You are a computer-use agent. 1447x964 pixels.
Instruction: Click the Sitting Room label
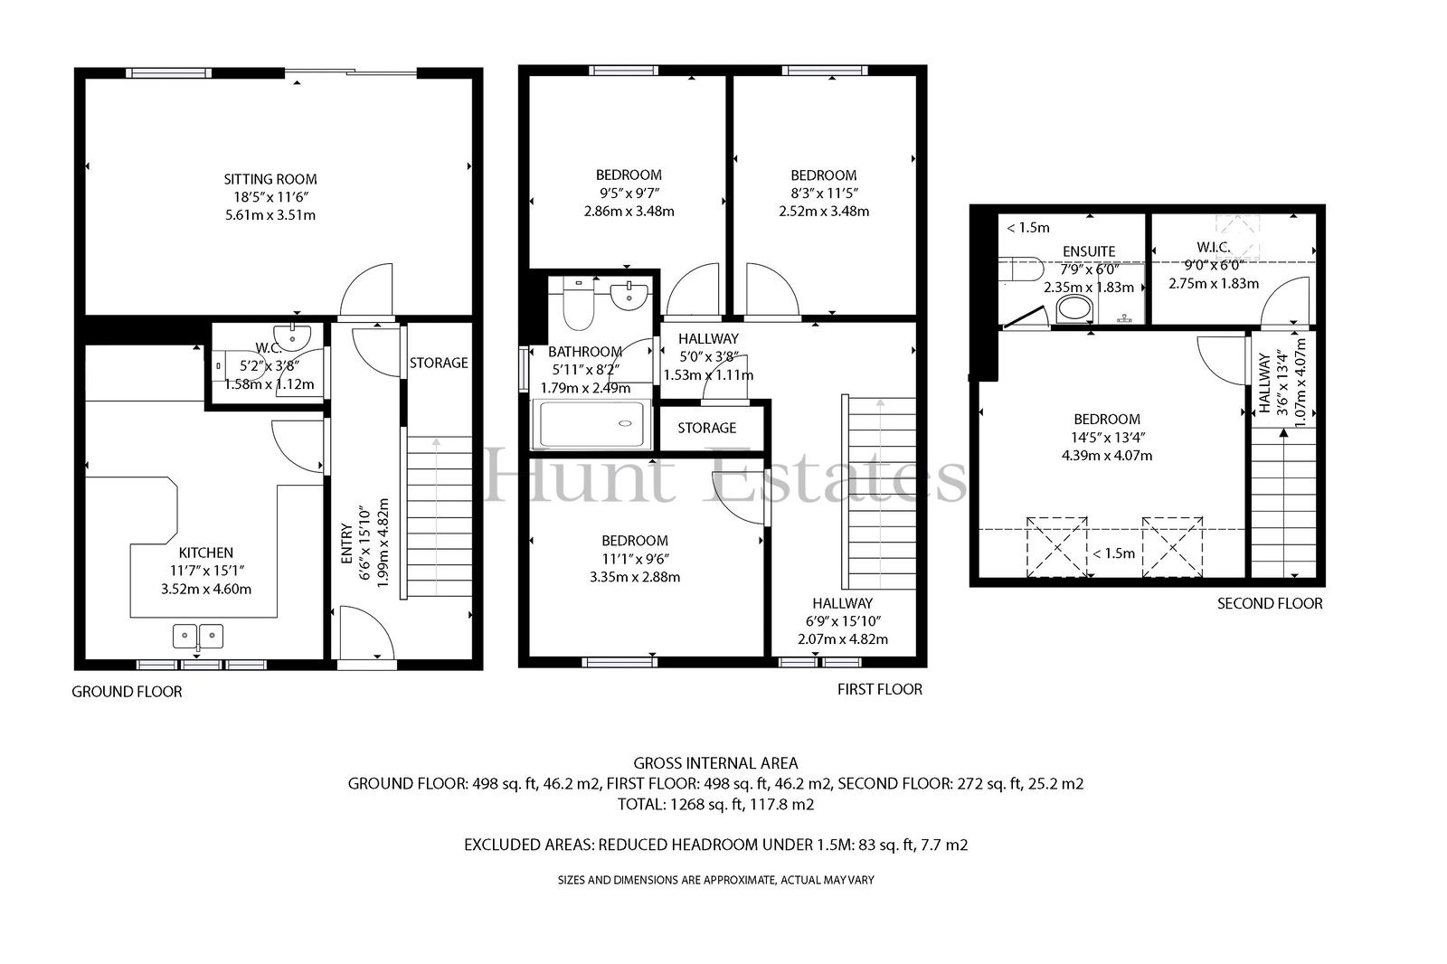click(270, 179)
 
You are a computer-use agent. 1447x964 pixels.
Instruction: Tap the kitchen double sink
click(198, 637)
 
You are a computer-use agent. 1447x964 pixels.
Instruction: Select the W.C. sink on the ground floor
click(292, 337)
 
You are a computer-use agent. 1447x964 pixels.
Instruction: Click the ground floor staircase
click(440, 516)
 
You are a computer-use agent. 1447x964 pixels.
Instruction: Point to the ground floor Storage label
click(439, 364)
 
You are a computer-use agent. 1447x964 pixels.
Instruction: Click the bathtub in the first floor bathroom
click(591, 423)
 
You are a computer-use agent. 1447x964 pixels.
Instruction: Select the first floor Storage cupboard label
click(706, 428)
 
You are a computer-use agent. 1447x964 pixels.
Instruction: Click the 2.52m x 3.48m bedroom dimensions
click(824, 212)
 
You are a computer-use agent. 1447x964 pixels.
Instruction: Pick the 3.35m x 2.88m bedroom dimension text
click(634, 577)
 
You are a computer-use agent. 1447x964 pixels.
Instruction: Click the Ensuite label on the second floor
click(1089, 251)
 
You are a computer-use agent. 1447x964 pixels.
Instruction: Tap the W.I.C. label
click(1213, 247)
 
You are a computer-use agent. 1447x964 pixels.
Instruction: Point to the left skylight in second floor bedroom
click(1057, 546)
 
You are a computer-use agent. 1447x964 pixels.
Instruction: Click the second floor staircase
click(1283, 502)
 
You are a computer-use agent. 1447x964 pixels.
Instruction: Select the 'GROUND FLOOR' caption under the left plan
click(127, 691)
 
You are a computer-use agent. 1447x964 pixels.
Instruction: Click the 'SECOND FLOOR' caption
click(1270, 603)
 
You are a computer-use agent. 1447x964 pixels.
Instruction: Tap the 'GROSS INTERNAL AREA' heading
click(715, 763)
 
